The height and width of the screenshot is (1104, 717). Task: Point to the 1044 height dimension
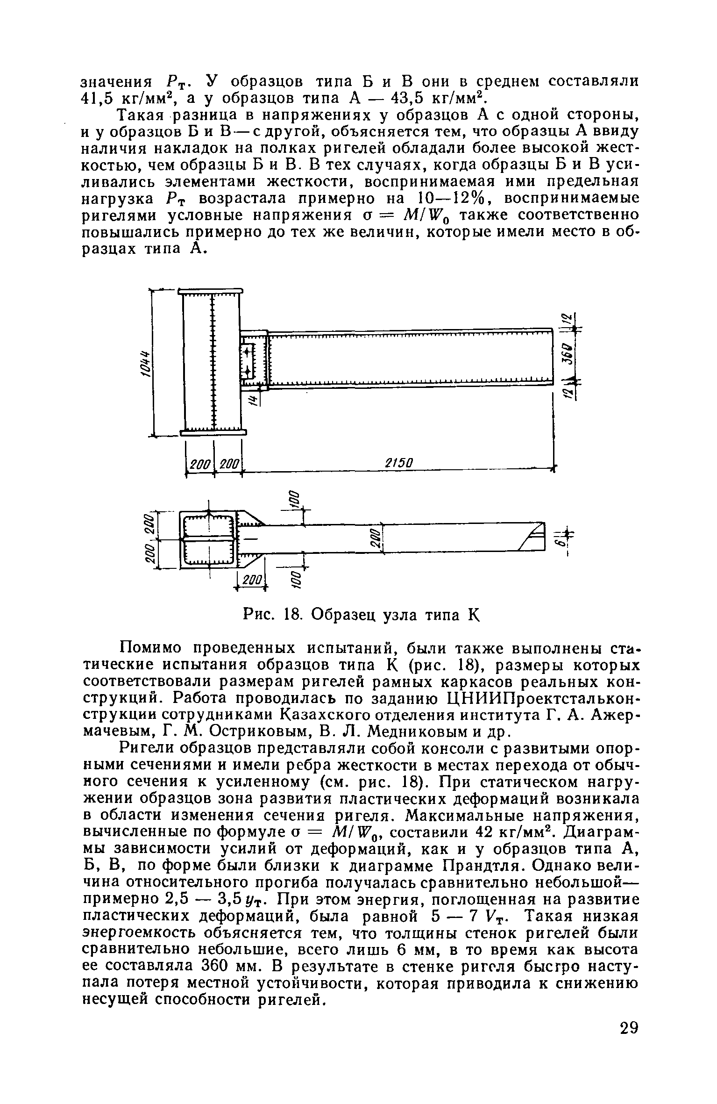pyautogui.click(x=146, y=362)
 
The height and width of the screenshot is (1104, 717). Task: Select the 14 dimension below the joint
pyautogui.click(x=253, y=399)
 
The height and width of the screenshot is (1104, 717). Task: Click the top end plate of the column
pyautogui.click(x=211, y=292)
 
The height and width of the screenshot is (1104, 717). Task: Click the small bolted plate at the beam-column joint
pyautogui.click(x=246, y=361)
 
